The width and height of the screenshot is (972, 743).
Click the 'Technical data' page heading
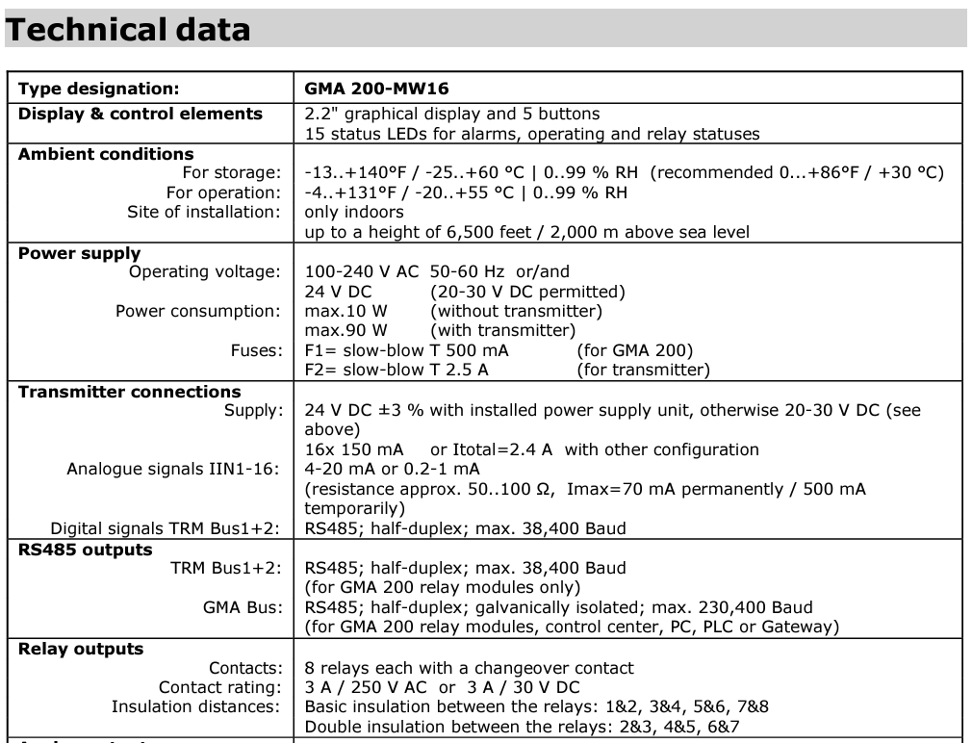click(x=128, y=30)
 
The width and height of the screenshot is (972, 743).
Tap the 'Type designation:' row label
click(x=99, y=90)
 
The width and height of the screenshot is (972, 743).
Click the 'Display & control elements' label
click(x=141, y=114)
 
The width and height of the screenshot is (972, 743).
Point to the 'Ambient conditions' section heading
click(x=106, y=154)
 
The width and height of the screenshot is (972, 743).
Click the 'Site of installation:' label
click(x=204, y=212)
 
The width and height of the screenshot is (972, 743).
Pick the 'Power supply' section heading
click(x=80, y=254)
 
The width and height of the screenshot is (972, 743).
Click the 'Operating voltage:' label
click(x=205, y=272)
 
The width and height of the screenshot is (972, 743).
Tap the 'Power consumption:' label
click(x=198, y=311)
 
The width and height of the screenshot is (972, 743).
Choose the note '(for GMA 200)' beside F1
click(x=634, y=350)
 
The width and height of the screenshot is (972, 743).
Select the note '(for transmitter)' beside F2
click(x=643, y=370)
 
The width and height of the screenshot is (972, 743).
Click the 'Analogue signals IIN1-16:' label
click(x=174, y=469)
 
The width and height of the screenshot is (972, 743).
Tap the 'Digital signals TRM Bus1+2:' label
click(x=166, y=528)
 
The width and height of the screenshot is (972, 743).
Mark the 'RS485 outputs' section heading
click(x=86, y=550)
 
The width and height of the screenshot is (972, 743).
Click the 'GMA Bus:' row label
click(x=243, y=607)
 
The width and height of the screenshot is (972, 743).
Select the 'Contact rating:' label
click(x=220, y=687)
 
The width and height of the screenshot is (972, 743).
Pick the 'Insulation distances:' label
click(x=196, y=706)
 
